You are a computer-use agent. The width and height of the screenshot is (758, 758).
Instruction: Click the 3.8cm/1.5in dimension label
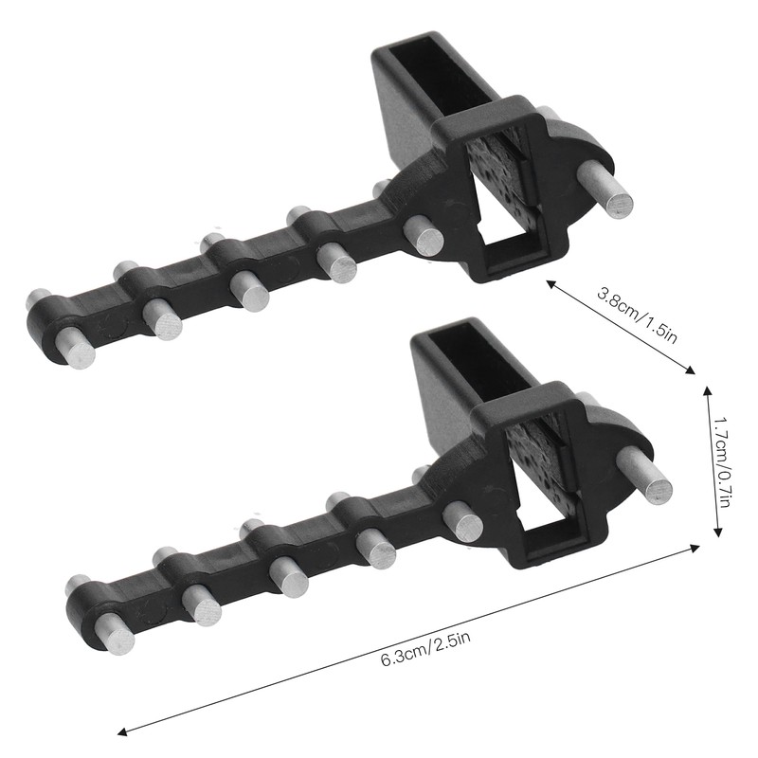tap(637, 315)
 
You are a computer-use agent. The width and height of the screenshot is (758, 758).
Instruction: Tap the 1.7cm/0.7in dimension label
tap(721, 461)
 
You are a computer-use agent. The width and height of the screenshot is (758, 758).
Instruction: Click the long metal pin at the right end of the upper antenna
tap(605, 189)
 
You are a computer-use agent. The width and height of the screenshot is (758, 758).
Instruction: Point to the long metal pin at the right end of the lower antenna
tap(644, 476)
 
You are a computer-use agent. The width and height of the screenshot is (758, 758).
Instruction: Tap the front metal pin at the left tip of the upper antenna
tap(75, 348)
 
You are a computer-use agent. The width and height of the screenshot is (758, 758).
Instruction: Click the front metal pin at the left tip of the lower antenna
tap(115, 634)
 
